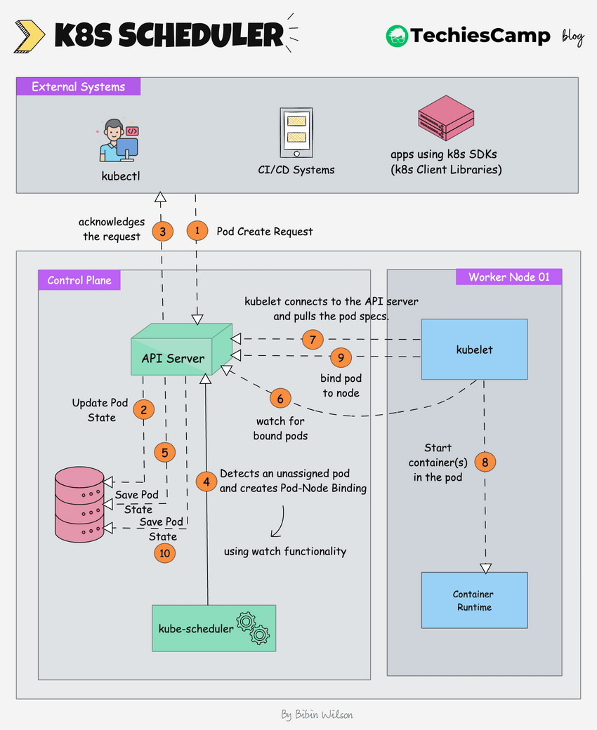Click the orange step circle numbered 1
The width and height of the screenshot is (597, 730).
pyautogui.click(x=197, y=231)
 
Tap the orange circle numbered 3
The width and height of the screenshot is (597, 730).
pyautogui.click(x=162, y=231)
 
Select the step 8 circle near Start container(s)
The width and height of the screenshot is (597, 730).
pyautogui.click(x=485, y=462)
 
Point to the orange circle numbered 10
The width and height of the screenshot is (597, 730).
pyautogui.click(x=164, y=553)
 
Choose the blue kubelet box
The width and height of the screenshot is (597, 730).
pyautogui.click(x=474, y=349)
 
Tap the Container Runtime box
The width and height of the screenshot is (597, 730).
pyautogui.click(x=474, y=600)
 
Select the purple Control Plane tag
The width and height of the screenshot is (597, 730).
pyautogui.click(x=79, y=280)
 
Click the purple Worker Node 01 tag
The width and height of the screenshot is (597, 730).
pyautogui.click(x=509, y=277)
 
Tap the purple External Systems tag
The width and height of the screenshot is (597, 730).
pyautogui.click(x=79, y=87)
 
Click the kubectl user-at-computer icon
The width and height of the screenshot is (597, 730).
pyautogui.click(x=119, y=140)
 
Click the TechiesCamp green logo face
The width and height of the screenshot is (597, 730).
pyautogui.click(x=397, y=36)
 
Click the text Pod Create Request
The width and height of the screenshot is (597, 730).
pyautogui.click(x=265, y=231)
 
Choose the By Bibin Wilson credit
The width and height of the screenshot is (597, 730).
pyautogui.click(x=317, y=715)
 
